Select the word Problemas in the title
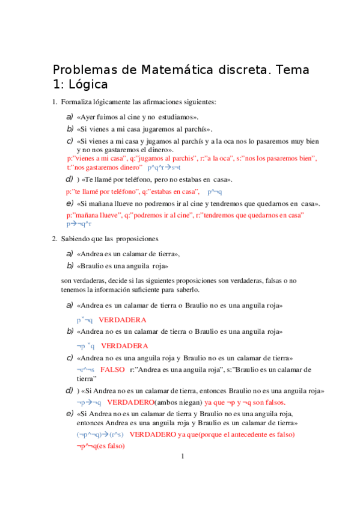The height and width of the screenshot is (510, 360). point(87,70)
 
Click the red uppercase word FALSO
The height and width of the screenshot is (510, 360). point(112,369)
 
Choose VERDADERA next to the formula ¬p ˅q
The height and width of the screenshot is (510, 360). point(124,346)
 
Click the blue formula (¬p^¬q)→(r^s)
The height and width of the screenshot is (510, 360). point(100,434)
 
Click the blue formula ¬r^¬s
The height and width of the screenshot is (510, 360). point(86,369)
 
